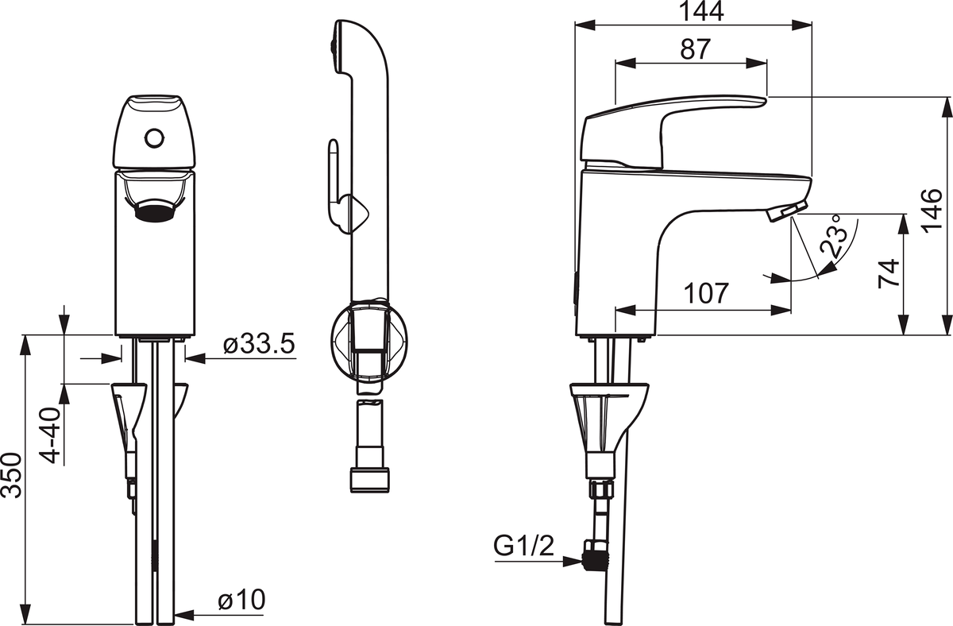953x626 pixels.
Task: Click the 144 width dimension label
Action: pyautogui.click(x=701, y=11)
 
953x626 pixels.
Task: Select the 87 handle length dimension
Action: pyautogui.click(x=695, y=49)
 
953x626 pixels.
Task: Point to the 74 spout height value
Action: pyautogui.click(x=889, y=273)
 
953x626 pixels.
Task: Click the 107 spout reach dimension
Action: pyautogui.click(x=706, y=293)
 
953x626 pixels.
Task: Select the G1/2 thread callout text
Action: pyautogui.click(x=523, y=546)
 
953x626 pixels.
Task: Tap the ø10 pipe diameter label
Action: pyautogui.click(x=241, y=600)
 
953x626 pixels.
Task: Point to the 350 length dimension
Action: pyautogui.click(x=11, y=475)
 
